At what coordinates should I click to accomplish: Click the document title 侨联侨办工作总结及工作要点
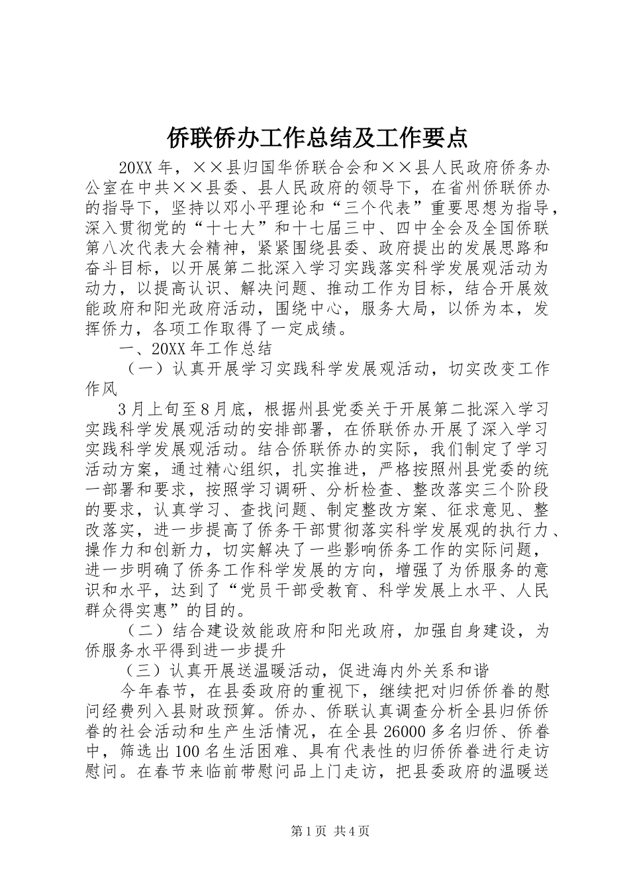314,137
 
